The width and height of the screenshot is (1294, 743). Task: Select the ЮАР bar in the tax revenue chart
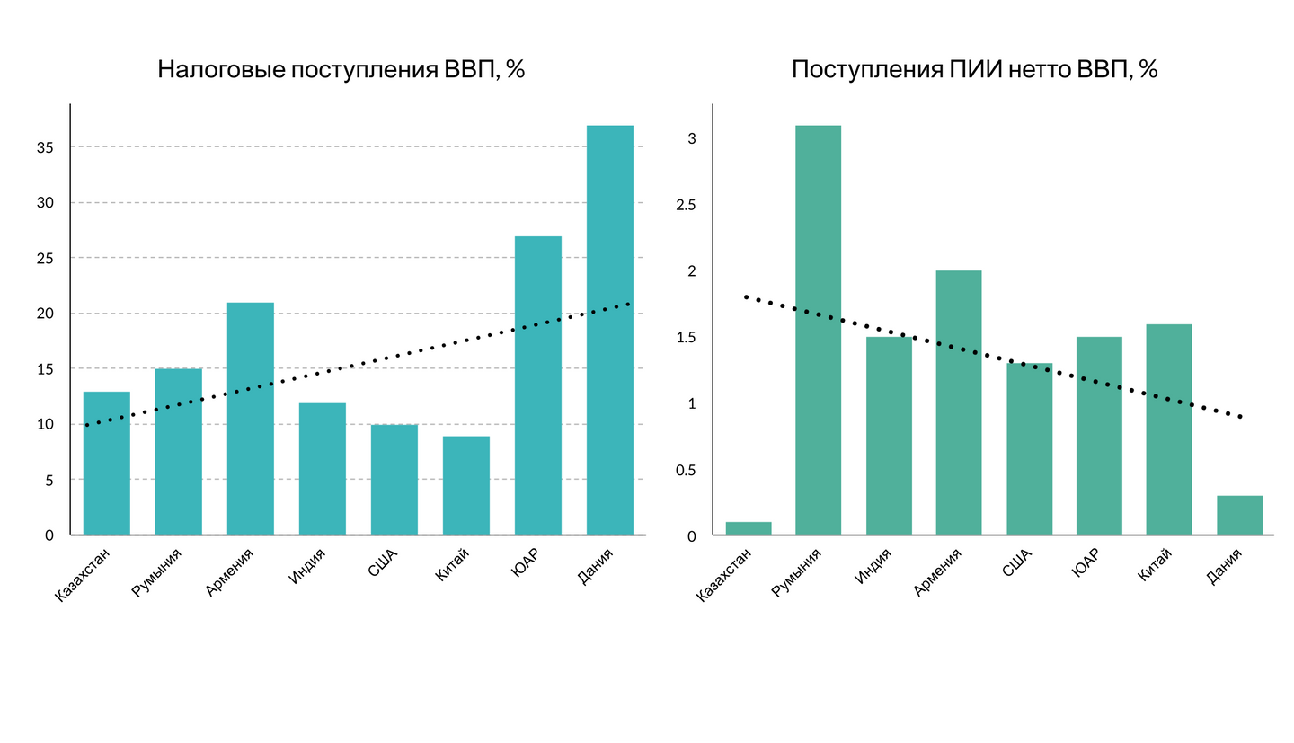point(537,385)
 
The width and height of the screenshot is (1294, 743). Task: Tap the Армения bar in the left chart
point(250,419)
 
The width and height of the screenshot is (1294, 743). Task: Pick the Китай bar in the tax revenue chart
point(465,485)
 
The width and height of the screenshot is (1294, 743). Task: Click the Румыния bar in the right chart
point(818,330)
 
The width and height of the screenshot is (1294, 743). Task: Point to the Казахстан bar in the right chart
point(748,528)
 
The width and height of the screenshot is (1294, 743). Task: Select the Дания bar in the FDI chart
point(1239,515)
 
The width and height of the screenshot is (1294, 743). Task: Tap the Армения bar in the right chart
point(959,402)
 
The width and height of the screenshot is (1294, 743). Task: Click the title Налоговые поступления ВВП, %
point(341,70)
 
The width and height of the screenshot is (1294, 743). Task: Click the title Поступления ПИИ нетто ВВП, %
point(974,70)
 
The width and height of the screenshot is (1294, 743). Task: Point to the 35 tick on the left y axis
point(45,147)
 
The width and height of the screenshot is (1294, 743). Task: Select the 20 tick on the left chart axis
point(45,314)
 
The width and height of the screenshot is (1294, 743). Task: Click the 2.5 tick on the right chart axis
point(686,205)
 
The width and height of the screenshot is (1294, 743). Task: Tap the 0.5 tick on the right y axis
point(686,470)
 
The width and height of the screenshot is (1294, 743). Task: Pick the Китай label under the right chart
point(1156,568)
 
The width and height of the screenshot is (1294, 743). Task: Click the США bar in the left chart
point(394,480)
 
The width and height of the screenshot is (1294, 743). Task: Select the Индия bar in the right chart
point(889,436)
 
